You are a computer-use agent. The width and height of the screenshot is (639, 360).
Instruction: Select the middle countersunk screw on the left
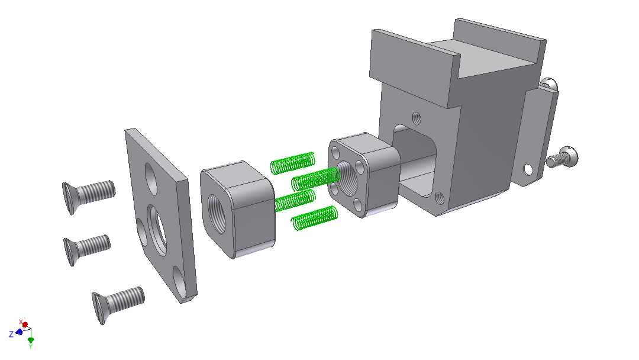86,249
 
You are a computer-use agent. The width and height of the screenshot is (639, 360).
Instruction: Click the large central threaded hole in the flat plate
157,230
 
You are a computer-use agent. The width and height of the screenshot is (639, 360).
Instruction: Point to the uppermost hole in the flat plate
150,178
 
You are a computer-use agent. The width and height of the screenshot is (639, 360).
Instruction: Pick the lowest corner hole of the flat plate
179,281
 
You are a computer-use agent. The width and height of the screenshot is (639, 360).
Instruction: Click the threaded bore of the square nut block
217,213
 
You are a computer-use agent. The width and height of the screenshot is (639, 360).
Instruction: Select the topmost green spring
293,163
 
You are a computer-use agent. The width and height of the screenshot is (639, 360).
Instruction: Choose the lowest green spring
314,218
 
